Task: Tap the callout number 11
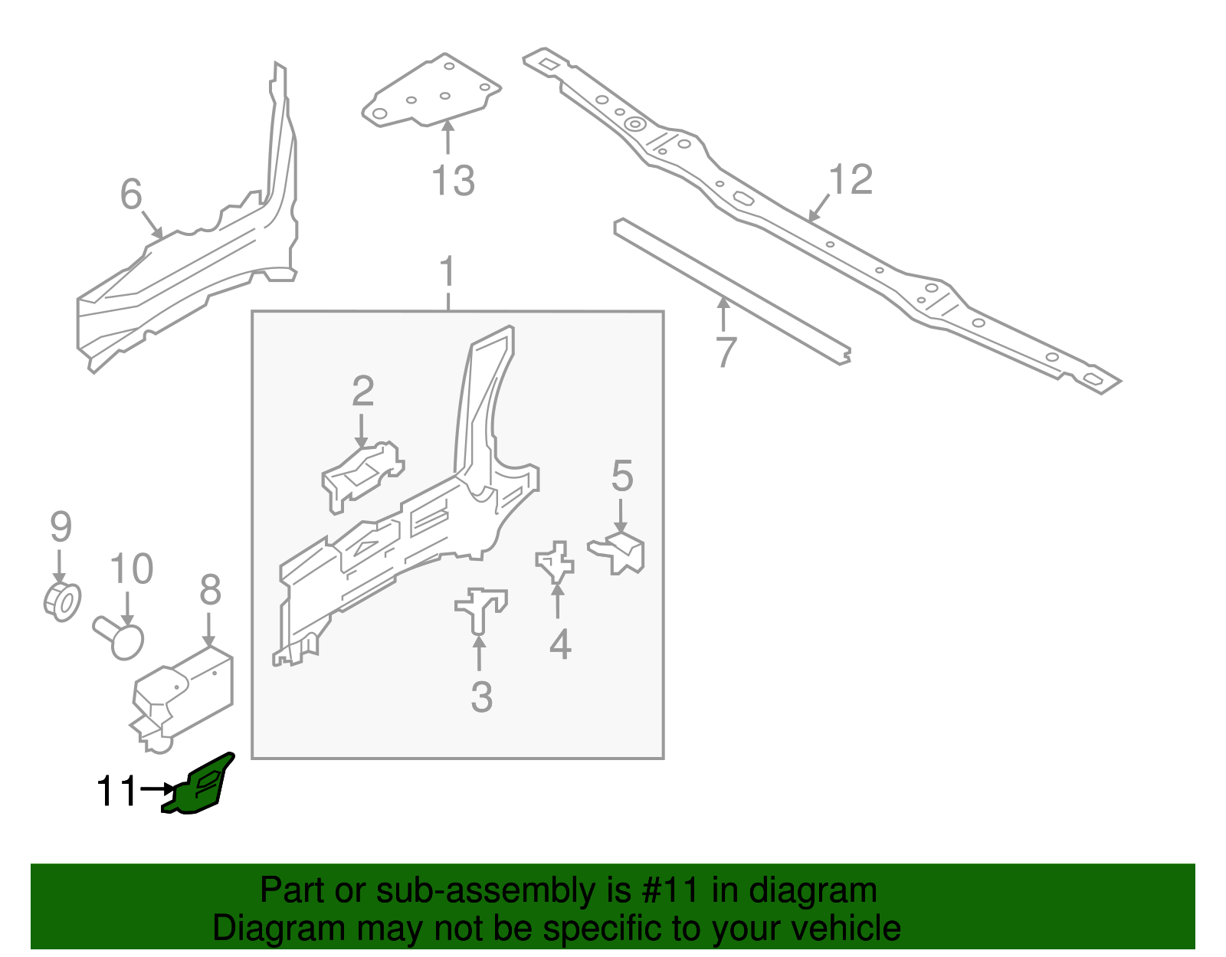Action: point(116,791)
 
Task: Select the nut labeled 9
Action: point(62,601)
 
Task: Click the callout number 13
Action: point(453,182)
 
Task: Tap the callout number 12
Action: point(851,179)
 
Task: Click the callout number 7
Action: point(725,352)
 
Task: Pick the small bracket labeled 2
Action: point(362,475)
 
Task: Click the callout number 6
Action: point(131,194)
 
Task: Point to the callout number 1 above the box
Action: point(447,274)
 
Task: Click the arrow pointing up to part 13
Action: point(447,138)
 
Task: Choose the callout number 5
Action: point(622,477)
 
